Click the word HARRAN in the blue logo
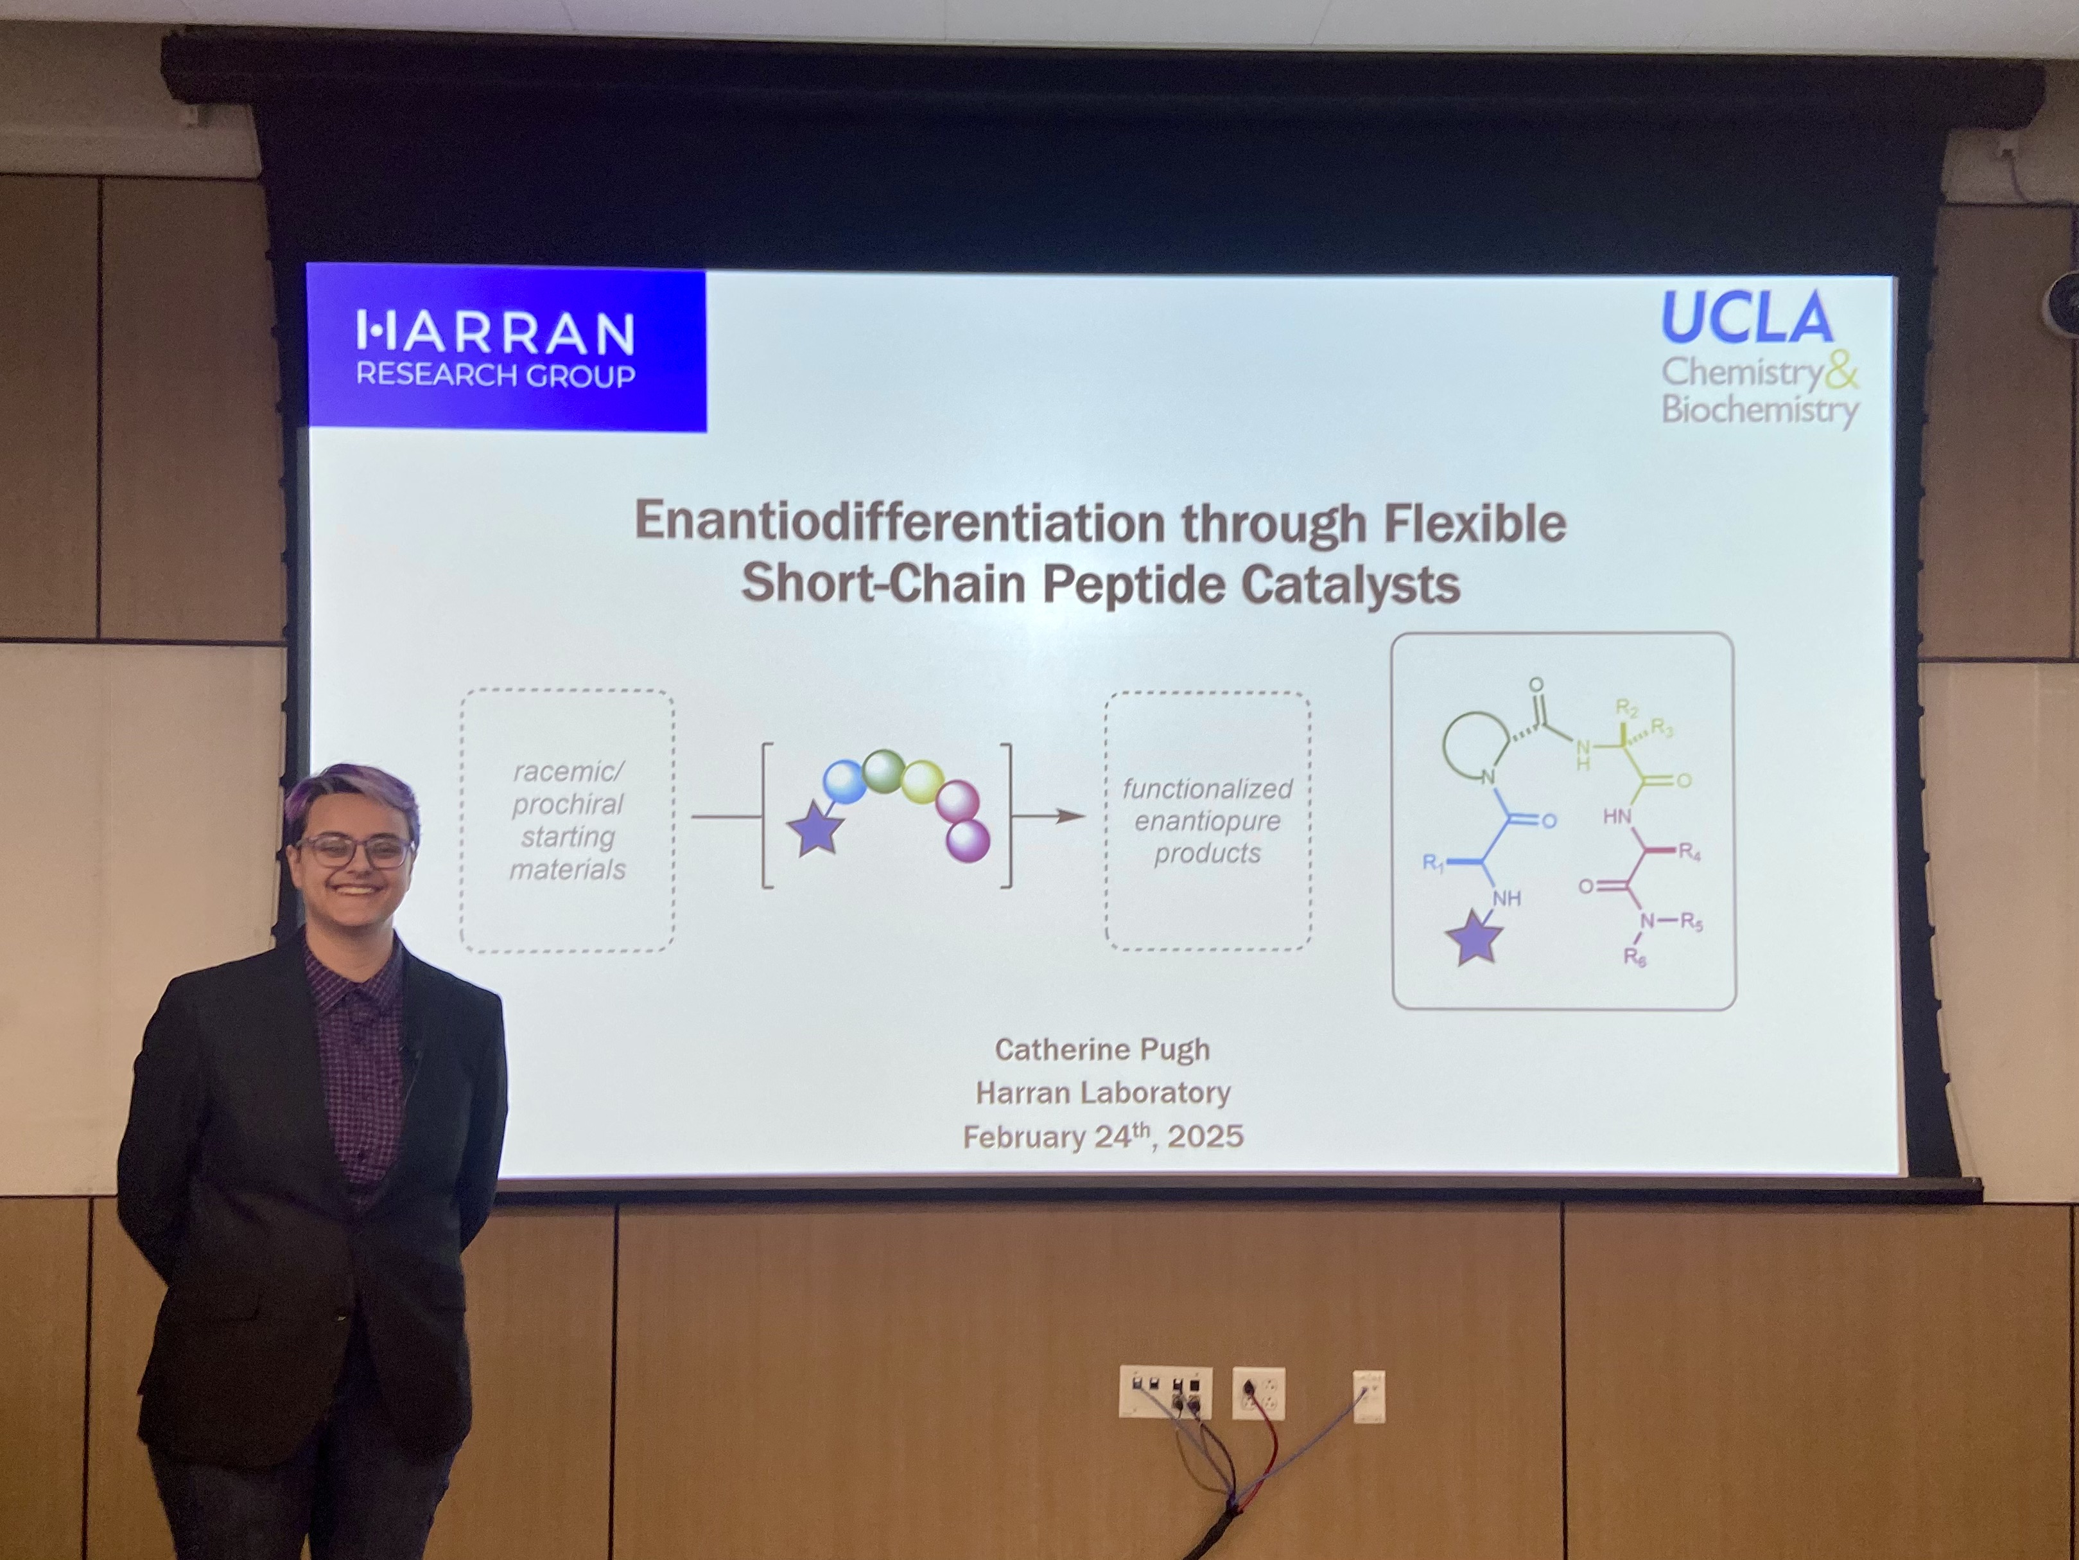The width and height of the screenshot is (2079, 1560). [x=495, y=333]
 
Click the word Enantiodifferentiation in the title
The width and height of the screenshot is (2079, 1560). [x=900, y=523]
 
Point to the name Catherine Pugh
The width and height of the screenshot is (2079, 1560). [x=1102, y=1049]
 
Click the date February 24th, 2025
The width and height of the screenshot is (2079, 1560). [x=1102, y=1137]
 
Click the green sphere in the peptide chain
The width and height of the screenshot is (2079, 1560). [x=883, y=771]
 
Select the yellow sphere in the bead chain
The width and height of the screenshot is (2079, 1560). [x=922, y=781]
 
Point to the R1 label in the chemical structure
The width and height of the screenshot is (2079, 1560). [x=1433, y=862]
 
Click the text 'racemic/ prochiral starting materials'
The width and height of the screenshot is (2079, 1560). [x=568, y=820]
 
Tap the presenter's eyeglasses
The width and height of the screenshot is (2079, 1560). [x=355, y=851]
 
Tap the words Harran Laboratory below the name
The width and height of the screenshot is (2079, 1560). [x=1102, y=1093]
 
